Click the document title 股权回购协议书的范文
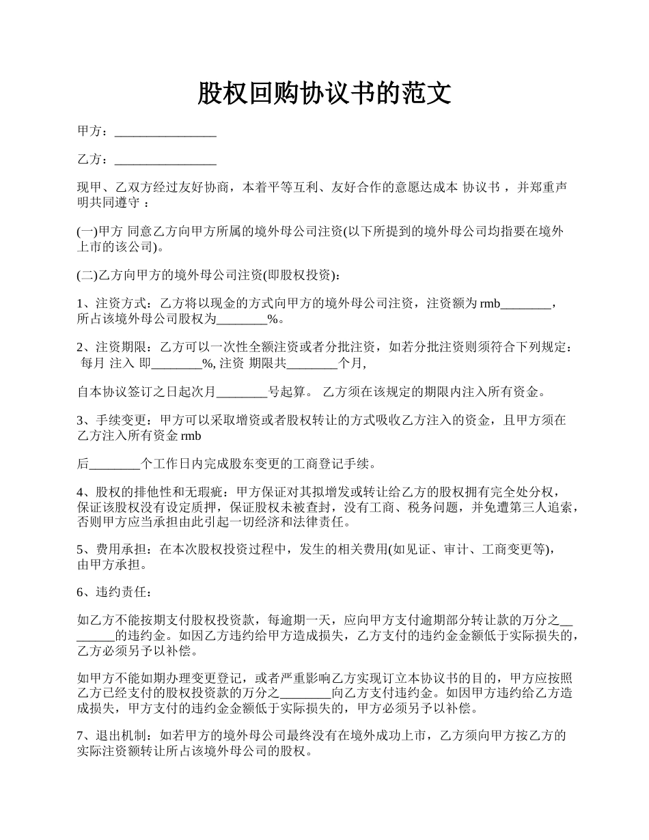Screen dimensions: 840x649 (x=324, y=94)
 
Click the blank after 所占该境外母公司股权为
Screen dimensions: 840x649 (x=242, y=318)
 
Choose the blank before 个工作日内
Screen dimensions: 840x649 (x=115, y=464)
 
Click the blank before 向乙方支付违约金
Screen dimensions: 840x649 (x=305, y=693)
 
